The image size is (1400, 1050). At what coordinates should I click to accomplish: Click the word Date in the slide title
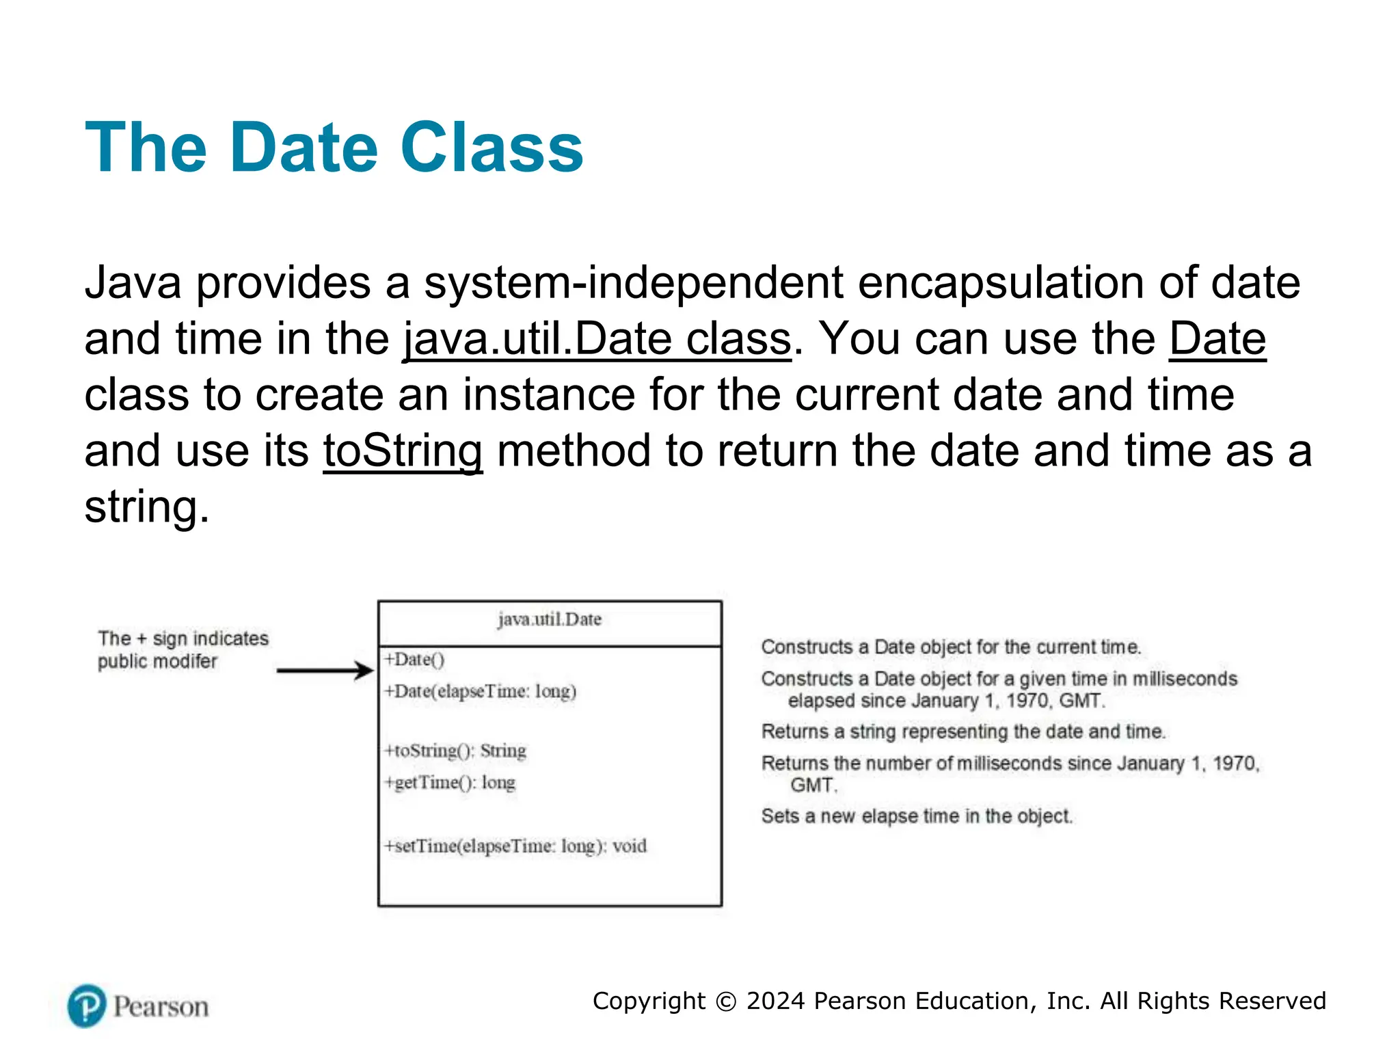tap(304, 148)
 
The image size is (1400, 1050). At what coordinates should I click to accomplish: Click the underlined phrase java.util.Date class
tap(596, 340)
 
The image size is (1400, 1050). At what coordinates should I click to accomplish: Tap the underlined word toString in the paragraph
tap(403, 452)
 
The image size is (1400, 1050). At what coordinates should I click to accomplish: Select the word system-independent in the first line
tap(633, 283)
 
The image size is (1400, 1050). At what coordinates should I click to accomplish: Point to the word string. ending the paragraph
tap(146, 508)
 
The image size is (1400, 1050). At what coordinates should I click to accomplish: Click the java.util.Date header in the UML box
tap(550, 619)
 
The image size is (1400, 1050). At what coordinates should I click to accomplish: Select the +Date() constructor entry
tap(414, 660)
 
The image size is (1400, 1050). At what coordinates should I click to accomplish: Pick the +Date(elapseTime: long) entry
tap(481, 691)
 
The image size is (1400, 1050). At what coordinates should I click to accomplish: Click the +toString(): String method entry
tap(455, 751)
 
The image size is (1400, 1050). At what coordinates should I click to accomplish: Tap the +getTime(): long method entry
tap(450, 782)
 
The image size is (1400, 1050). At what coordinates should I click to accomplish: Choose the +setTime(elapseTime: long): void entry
tap(515, 846)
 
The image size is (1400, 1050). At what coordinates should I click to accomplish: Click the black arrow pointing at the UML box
tap(325, 671)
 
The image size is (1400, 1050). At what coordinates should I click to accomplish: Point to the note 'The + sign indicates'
tap(183, 638)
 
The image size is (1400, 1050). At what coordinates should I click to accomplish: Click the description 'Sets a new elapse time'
tap(917, 816)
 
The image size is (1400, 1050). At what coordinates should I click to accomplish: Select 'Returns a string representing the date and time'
tap(963, 731)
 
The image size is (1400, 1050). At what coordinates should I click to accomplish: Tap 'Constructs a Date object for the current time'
tap(951, 647)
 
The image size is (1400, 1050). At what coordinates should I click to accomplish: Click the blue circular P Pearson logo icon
tap(87, 1006)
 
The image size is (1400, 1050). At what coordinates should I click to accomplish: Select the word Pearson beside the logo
tap(161, 1007)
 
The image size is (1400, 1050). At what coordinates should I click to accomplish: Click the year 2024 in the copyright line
tap(775, 1001)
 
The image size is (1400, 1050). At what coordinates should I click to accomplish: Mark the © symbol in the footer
tap(725, 1001)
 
